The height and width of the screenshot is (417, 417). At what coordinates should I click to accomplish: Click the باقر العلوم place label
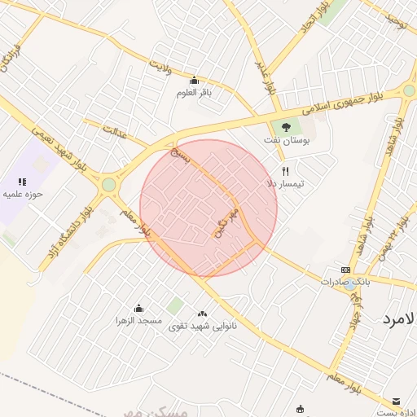194,92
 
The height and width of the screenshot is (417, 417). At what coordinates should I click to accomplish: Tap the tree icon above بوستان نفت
285,127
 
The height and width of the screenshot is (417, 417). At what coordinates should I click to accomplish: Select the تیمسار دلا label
286,184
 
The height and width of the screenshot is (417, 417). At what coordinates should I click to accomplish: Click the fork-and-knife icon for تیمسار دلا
285,171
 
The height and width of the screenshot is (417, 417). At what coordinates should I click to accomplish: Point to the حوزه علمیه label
22,195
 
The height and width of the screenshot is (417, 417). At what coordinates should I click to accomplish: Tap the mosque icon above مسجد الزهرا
138,308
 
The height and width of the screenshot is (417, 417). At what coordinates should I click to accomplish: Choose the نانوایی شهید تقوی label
203,326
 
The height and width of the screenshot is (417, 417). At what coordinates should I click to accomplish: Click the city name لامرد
399,319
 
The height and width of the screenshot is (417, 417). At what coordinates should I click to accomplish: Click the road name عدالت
115,132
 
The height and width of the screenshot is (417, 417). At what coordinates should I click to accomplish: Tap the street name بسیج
180,155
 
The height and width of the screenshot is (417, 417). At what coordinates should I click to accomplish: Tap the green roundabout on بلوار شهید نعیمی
108,185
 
